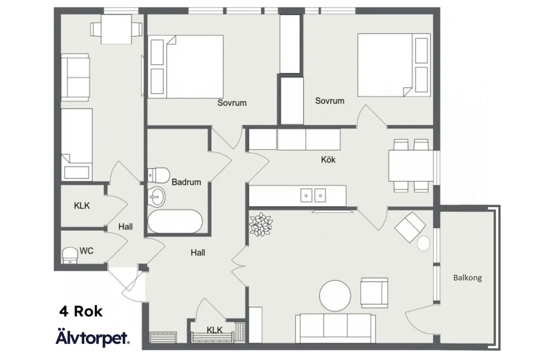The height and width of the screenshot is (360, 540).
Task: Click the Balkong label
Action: click(x=467, y=277)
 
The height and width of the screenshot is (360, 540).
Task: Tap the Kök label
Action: click(x=328, y=159)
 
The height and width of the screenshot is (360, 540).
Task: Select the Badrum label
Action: click(x=186, y=182)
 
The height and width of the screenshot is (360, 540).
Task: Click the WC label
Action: click(x=86, y=251)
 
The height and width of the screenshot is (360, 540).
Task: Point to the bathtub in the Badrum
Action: click(x=175, y=221)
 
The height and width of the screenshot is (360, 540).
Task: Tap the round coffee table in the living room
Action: click(x=335, y=295)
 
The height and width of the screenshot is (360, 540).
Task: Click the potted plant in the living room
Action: click(x=260, y=224)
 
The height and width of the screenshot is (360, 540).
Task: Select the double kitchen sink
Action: click(x=313, y=195)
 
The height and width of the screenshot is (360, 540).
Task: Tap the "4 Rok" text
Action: click(x=81, y=311)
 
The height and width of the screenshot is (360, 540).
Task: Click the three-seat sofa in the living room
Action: click(x=335, y=328)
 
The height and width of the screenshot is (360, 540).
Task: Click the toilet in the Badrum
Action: click(x=159, y=175)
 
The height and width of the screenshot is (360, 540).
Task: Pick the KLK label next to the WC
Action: click(x=82, y=205)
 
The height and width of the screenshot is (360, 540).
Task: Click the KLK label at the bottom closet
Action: click(x=214, y=330)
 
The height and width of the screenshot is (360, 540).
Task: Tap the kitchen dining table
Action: click(x=411, y=165)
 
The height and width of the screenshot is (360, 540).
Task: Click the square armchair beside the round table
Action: click(x=374, y=292)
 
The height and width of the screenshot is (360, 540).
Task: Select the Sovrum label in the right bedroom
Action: click(x=329, y=100)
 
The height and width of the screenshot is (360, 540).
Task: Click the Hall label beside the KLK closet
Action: click(x=125, y=226)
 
